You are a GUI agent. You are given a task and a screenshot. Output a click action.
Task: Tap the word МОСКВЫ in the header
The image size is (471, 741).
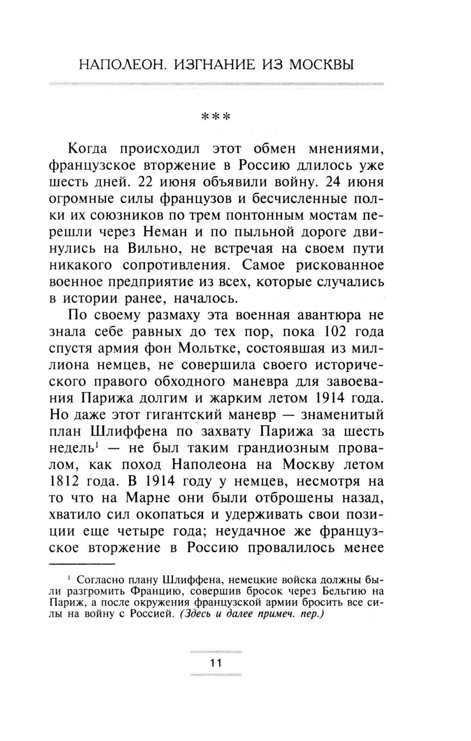click(x=321, y=64)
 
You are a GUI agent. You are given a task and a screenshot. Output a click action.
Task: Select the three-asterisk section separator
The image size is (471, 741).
click(x=216, y=116)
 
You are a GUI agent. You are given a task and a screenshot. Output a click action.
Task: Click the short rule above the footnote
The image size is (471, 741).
click(x=82, y=564)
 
